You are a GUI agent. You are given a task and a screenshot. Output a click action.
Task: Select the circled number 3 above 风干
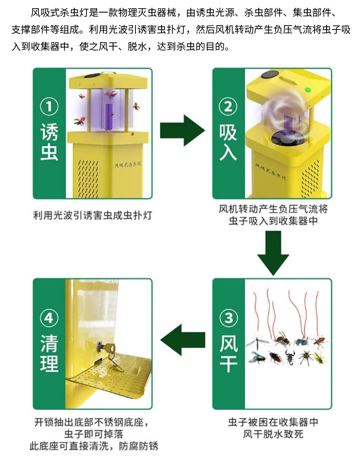tap(229, 318)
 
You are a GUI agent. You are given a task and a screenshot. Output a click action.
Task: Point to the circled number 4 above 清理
tap(49, 318)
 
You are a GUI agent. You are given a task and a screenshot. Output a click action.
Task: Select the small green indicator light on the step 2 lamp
tap(307, 89)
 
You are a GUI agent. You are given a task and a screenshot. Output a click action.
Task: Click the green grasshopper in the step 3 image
tap(319, 358)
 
